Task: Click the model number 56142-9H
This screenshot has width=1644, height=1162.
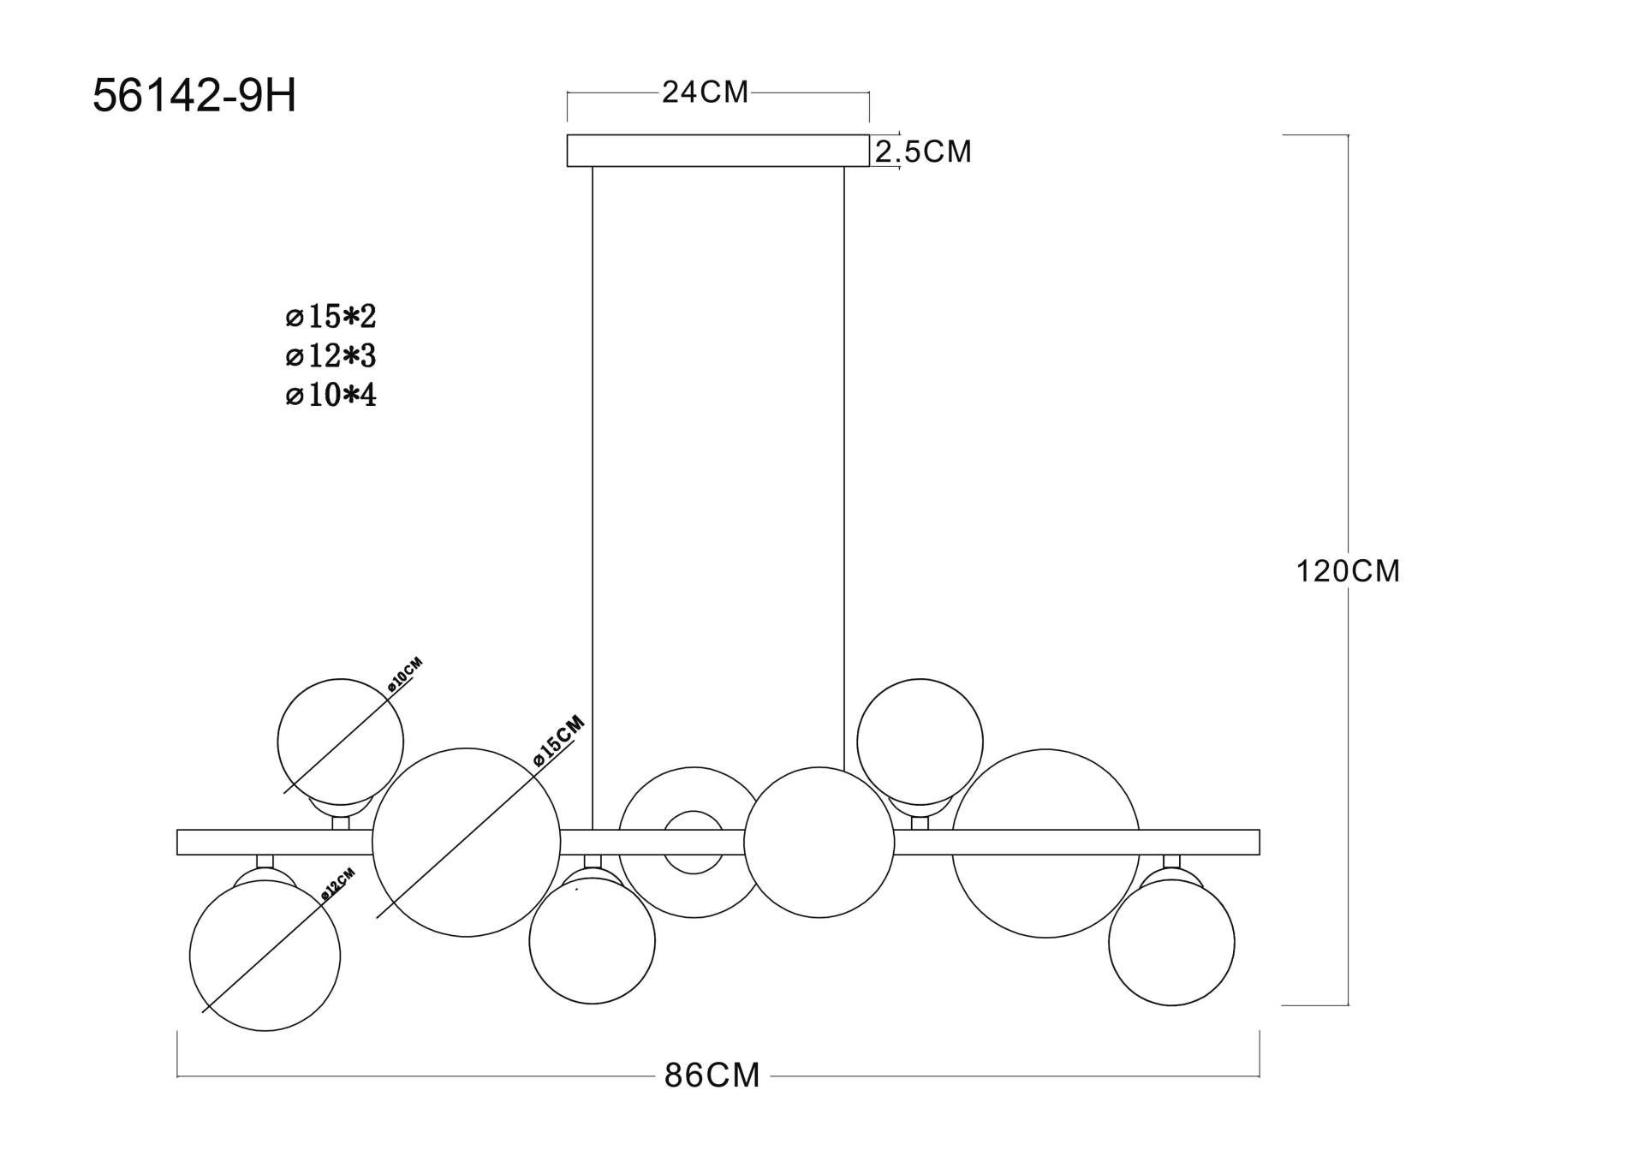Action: pyautogui.click(x=194, y=96)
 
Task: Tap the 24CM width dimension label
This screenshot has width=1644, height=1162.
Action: pyautogui.click(x=705, y=92)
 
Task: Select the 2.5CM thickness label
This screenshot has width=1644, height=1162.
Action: pyautogui.click(x=923, y=152)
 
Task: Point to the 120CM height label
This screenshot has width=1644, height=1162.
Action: pyautogui.click(x=1348, y=571)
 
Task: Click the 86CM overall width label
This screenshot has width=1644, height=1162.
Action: pyautogui.click(x=712, y=1076)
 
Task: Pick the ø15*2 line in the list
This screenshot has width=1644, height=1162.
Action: pyautogui.click(x=331, y=317)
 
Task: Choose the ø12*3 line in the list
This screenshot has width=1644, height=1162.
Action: pyautogui.click(x=331, y=356)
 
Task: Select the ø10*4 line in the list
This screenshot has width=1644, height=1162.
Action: pyautogui.click(x=331, y=396)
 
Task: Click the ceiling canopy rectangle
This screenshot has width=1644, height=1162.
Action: pyautogui.click(x=718, y=150)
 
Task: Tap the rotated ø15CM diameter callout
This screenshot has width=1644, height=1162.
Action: pyautogui.click(x=558, y=740)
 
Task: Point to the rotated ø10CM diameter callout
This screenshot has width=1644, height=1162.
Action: pyautogui.click(x=405, y=675)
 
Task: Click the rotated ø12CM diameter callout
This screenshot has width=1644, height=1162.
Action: pyautogui.click(x=337, y=885)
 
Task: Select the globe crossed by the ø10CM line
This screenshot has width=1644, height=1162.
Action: pyautogui.click(x=340, y=742)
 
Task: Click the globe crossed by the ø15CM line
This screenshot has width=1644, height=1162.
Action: pyautogui.click(x=466, y=843)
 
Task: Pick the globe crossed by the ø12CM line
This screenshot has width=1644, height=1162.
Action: pyautogui.click(x=265, y=956)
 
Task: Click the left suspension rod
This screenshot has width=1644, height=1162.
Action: pyautogui.click(x=593, y=497)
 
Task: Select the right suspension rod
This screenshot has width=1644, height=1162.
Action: pyautogui.click(x=844, y=462)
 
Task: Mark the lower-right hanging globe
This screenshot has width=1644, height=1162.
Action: pyautogui.click(x=1171, y=942)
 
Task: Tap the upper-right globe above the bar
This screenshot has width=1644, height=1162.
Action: pyautogui.click(x=920, y=742)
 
